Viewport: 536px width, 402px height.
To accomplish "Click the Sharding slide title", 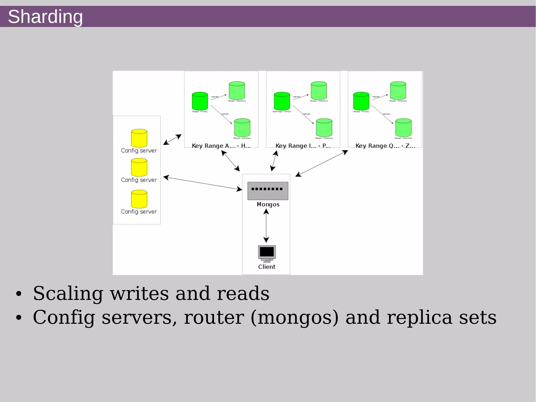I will (x=45, y=17).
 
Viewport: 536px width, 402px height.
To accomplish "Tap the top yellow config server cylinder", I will (x=139, y=138).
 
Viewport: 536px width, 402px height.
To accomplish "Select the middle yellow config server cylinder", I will (x=139, y=167).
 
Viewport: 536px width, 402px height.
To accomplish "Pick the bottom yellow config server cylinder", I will (x=139, y=199).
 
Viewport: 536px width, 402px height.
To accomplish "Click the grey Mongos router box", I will (x=268, y=191).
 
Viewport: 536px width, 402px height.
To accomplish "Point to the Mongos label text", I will (x=268, y=205).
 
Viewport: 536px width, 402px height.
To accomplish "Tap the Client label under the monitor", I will (x=267, y=267).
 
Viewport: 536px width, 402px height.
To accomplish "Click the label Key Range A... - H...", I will (x=221, y=146).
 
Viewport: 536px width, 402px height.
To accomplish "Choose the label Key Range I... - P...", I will (x=303, y=146).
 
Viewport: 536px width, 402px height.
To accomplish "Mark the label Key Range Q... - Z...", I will (x=385, y=146).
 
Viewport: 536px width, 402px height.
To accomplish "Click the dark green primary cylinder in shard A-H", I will (x=200, y=101).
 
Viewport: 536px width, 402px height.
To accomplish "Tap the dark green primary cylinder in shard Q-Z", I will (x=361, y=101).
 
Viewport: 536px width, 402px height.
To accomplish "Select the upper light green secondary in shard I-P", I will (x=319, y=91).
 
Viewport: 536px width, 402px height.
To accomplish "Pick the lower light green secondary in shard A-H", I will (x=242, y=128).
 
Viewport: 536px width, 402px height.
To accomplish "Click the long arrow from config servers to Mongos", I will (x=203, y=183).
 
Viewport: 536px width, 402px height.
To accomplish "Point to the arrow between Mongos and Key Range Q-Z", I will (x=322, y=163).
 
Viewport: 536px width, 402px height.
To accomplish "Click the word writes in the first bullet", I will (x=139, y=294).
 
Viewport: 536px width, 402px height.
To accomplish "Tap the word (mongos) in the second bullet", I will (x=294, y=317).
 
